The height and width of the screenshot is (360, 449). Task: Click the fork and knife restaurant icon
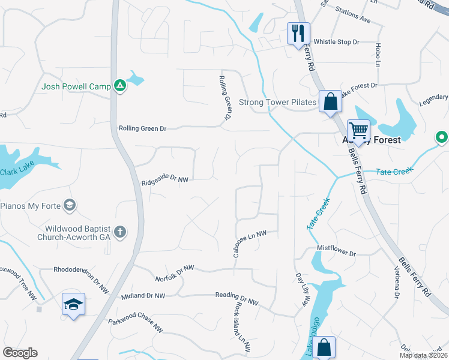point(298,34)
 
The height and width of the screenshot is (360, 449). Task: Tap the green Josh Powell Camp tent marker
point(120,86)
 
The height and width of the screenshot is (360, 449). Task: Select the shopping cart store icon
point(358,130)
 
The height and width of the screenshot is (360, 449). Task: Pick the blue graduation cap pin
point(73,304)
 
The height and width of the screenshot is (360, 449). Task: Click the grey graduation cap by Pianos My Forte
point(70,206)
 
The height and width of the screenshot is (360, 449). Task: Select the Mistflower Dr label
point(336,250)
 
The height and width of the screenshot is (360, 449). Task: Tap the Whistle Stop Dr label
point(336,41)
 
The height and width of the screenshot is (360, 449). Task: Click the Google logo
point(20,353)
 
